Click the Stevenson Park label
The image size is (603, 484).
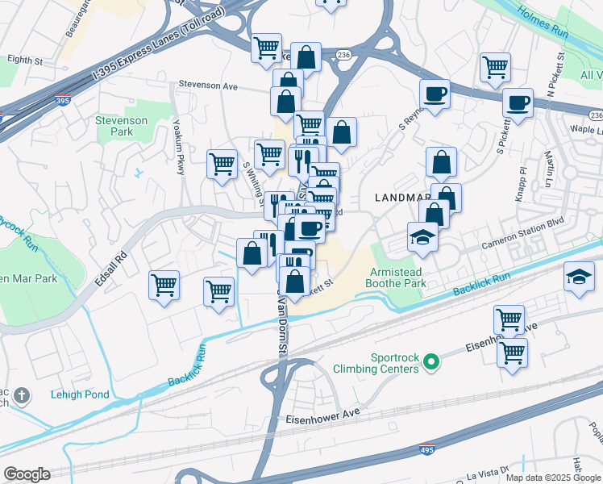(121, 125)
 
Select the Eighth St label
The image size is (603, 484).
(24, 60)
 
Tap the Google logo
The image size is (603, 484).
(27, 474)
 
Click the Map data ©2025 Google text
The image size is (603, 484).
(554, 478)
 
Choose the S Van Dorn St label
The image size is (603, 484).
(282, 323)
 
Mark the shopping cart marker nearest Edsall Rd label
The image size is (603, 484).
(164, 286)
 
